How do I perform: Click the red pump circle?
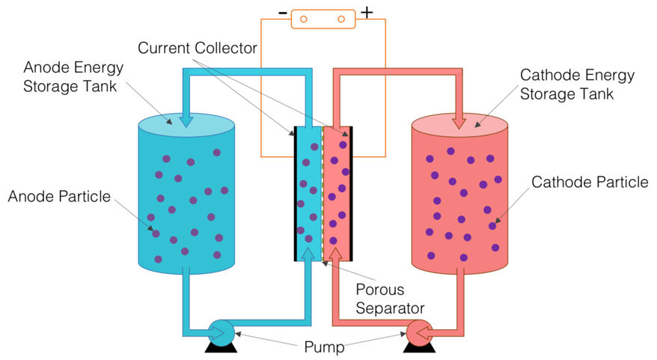418,330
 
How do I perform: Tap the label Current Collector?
198,49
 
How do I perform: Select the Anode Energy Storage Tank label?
73,76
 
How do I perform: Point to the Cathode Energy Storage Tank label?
577,85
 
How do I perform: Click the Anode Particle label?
59,197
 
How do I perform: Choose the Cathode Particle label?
590,182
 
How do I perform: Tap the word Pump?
325,347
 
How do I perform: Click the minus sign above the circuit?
282,13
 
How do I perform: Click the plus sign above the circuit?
367,13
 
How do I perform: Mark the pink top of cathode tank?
460,125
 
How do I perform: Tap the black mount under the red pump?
418,346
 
